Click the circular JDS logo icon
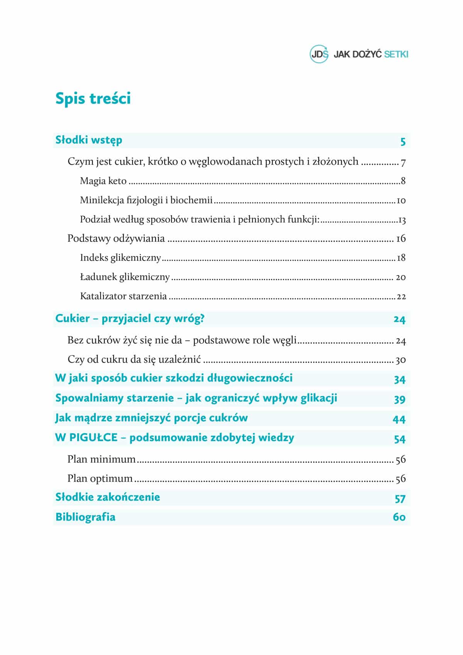(319, 54)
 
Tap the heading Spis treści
(93, 98)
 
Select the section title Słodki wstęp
(89, 140)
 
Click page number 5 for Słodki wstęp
(403, 142)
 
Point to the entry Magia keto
(103, 181)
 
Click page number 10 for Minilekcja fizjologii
(401, 200)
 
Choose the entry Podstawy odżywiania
(116, 239)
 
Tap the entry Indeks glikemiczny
(120, 258)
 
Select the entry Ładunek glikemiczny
(125, 277)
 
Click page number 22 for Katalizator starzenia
(401, 297)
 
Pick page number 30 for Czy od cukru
(400, 360)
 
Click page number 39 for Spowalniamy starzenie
(400, 399)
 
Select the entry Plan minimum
(101, 459)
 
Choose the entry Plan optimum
(100, 479)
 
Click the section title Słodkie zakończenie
(108, 497)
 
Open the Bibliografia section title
(85, 517)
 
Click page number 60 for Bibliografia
(399, 517)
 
